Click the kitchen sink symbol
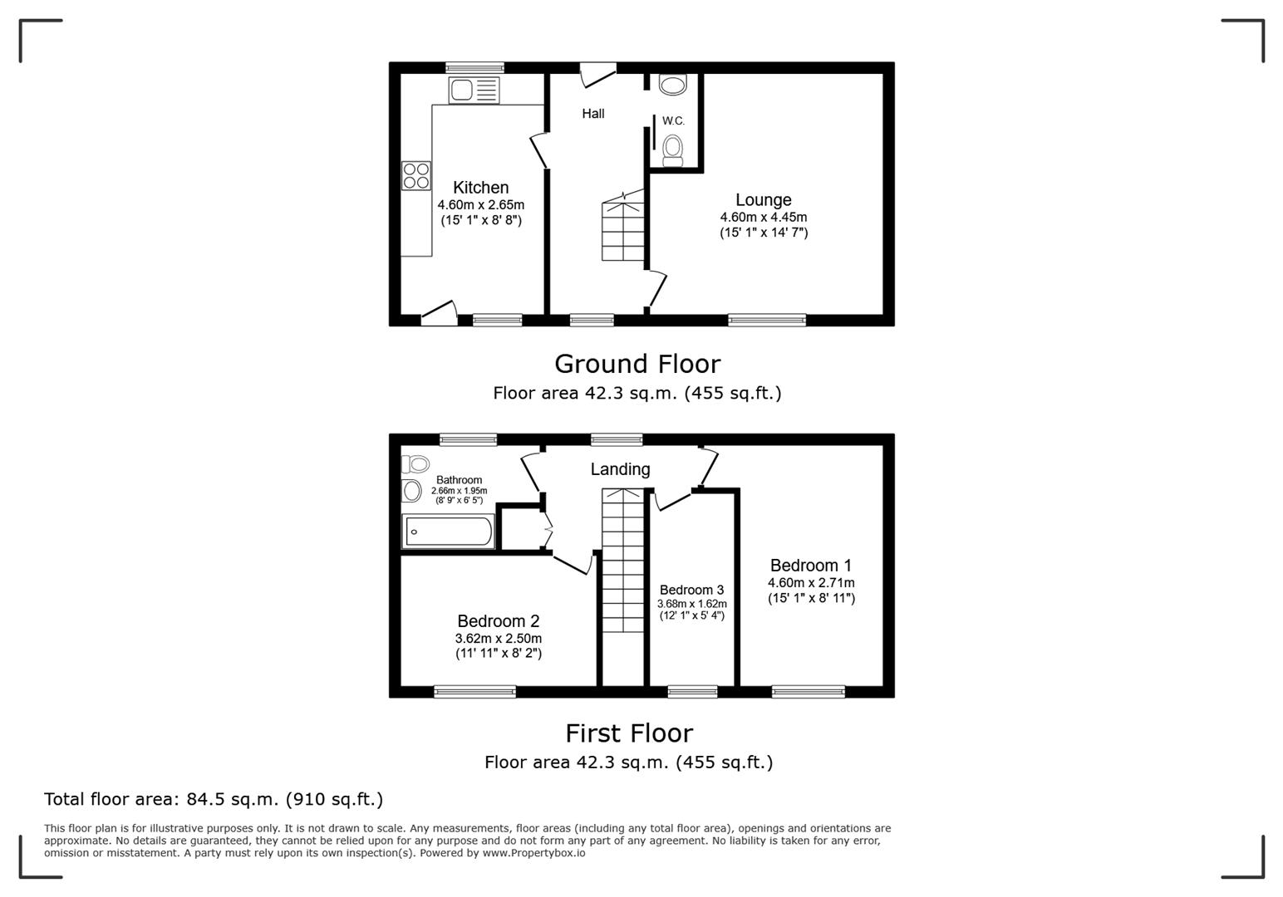pyautogui.click(x=474, y=91)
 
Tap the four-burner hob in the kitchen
pyautogui.click(x=415, y=176)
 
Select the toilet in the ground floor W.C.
pyautogui.click(x=673, y=150)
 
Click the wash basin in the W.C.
pyautogui.click(x=672, y=85)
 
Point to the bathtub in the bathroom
pyautogui.click(x=449, y=532)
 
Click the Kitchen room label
pyautogui.click(x=480, y=188)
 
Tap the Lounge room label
pyautogui.click(x=764, y=200)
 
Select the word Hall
pyautogui.click(x=592, y=114)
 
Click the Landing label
pyautogui.click(x=620, y=469)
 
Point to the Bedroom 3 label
pyautogui.click(x=691, y=590)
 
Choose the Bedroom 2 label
pyautogui.click(x=499, y=621)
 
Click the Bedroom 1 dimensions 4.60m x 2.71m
pyautogui.click(x=811, y=583)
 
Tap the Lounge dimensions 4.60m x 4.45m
pyautogui.click(x=764, y=218)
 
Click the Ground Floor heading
pyautogui.click(x=637, y=364)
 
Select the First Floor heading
pyautogui.click(x=629, y=733)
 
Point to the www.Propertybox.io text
pyautogui.click(x=533, y=853)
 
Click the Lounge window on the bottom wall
pyautogui.click(x=767, y=320)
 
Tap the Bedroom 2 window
pyautogui.click(x=474, y=692)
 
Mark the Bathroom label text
pyautogui.click(x=459, y=480)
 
